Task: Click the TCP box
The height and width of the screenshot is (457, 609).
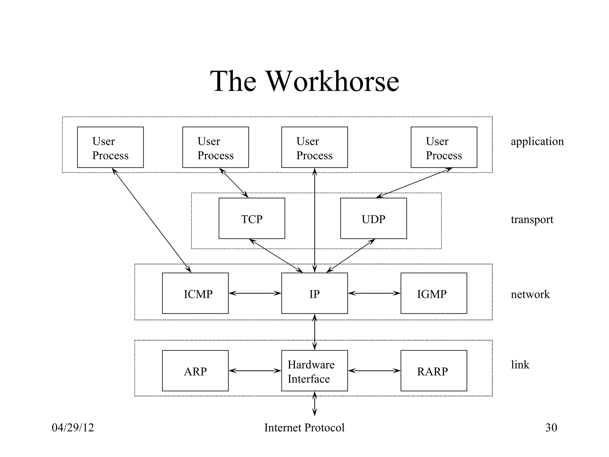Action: [x=252, y=218]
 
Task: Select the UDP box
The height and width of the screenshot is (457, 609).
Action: [x=373, y=218]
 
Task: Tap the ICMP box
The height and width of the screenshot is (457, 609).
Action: [x=195, y=293]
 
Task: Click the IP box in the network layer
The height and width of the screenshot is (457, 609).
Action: [x=314, y=293]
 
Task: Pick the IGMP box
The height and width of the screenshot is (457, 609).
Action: [x=434, y=293]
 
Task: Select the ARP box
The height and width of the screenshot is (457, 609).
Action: [x=195, y=371]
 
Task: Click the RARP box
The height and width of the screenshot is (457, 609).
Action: [x=434, y=371]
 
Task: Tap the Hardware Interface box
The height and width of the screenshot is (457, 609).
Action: [x=314, y=371]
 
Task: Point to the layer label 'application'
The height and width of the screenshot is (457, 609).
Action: [x=537, y=142]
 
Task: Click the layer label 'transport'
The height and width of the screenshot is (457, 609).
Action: [x=532, y=220]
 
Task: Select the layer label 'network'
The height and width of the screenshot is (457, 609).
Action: [x=530, y=294]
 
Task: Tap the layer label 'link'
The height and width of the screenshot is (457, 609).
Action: [x=520, y=364]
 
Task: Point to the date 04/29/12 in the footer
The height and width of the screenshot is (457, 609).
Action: [x=73, y=428]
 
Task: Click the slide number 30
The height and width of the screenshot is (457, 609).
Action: [x=551, y=428]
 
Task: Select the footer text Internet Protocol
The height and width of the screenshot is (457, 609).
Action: [x=304, y=428]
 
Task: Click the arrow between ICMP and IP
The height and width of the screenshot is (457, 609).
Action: [x=255, y=293]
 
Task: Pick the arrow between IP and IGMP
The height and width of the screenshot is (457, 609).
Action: [x=374, y=293]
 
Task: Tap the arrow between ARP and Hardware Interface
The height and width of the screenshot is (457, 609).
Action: [x=255, y=371]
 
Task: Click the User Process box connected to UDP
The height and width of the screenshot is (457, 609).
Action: [x=444, y=147]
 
